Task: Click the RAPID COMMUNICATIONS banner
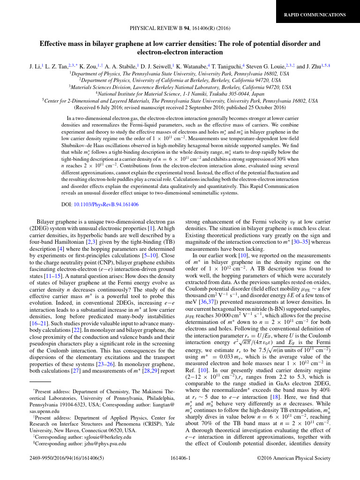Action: click(x=315, y=15)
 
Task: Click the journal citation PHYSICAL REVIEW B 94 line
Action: click(x=180, y=28)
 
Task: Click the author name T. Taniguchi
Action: click(x=239, y=67)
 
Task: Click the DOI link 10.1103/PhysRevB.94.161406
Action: click(x=106, y=204)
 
